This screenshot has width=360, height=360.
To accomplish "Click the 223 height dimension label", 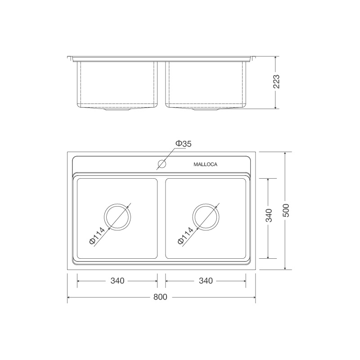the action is click(277, 82).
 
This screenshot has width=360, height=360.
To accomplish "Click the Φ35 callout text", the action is click(183, 144).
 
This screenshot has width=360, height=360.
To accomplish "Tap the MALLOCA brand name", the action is click(205, 165).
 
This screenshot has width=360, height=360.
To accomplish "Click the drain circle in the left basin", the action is click(117, 216).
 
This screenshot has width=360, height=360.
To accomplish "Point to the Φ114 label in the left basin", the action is click(97, 236).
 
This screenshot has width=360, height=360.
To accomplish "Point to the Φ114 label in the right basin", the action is click(186, 236).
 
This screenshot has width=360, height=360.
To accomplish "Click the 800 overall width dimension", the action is click(161, 297).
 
